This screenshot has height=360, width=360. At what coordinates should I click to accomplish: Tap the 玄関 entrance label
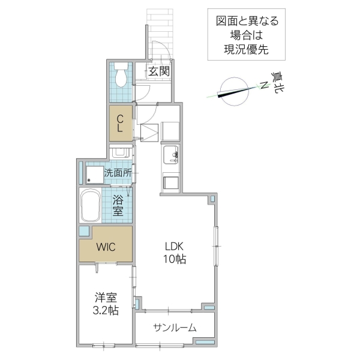coord(159,71)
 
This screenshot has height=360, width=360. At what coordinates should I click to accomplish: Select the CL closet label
coord(120,122)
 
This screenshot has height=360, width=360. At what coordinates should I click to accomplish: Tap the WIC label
coord(106,246)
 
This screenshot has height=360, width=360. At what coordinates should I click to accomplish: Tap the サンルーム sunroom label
coord(175,328)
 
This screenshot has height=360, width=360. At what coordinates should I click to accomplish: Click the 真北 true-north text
coord(278,82)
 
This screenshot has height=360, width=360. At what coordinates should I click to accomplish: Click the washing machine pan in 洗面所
coord(94,174)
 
